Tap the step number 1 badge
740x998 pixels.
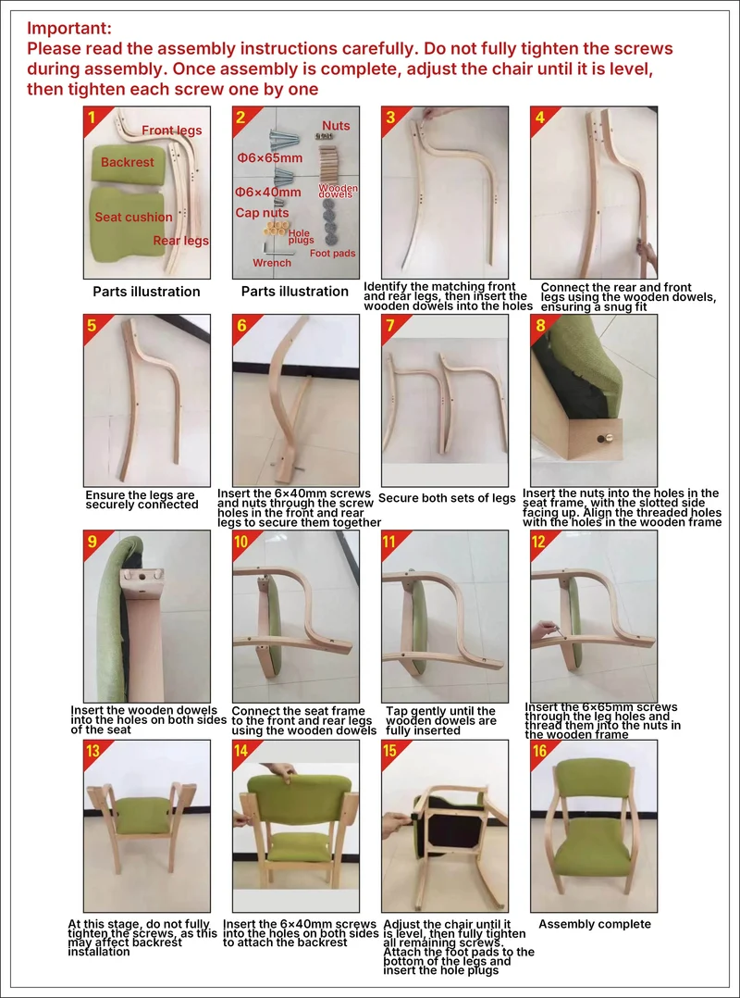[92, 117]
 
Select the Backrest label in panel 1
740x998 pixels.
[127, 162]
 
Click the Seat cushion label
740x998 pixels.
[133, 217]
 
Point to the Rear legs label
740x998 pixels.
[180, 241]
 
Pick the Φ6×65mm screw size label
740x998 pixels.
[269, 157]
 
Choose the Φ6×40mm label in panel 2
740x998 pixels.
[267, 193]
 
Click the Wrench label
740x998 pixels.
[271, 263]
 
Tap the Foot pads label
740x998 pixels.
[332, 254]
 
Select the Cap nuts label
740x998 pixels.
[262, 213]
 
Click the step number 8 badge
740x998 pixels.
[541, 326]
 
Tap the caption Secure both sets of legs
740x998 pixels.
[446, 498]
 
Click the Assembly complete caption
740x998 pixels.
[595, 924]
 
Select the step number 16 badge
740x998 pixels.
[540, 752]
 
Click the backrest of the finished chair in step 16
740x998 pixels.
[595, 777]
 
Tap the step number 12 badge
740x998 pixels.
[540, 542]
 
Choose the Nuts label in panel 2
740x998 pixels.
[336, 126]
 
